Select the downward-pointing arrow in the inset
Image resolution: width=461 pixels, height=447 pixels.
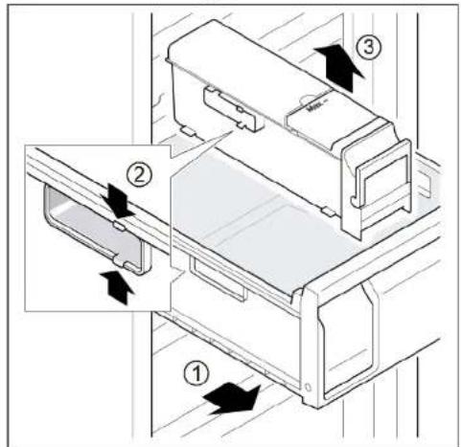[117, 200]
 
